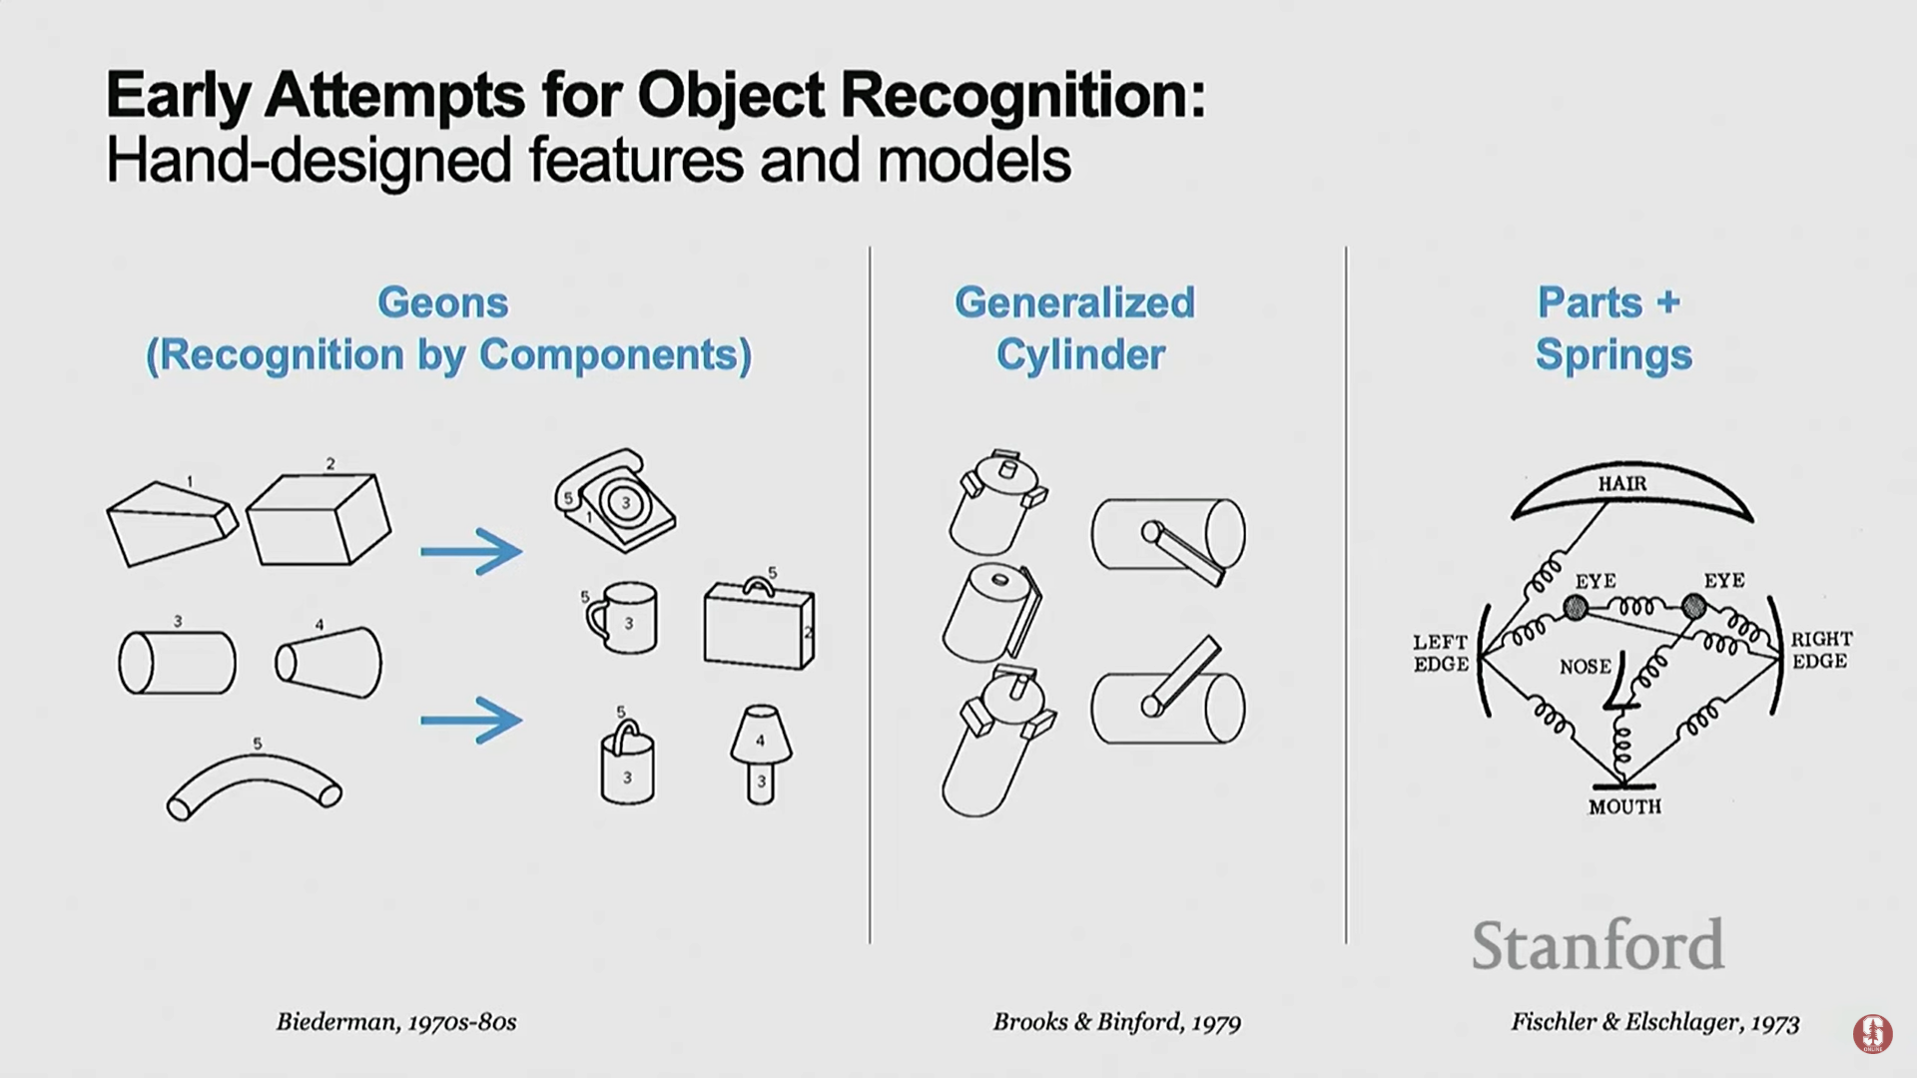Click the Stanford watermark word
pyautogui.click(x=1597, y=945)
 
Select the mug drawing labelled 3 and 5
pyautogui.click(x=623, y=618)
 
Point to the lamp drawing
pyautogui.click(x=761, y=754)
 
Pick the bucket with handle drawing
pyautogui.click(x=627, y=765)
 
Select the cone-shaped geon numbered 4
pyautogui.click(x=329, y=662)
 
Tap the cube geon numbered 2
pyautogui.click(x=318, y=519)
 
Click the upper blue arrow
pyautogui.click(x=470, y=551)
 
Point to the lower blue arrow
pyautogui.click(x=470, y=720)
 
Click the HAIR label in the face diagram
pyautogui.click(x=1622, y=484)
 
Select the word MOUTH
pyautogui.click(x=1624, y=807)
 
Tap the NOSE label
pyautogui.click(x=1586, y=666)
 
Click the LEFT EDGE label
pyautogui.click(x=1441, y=653)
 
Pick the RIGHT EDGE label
pyautogui.click(x=1820, y=650)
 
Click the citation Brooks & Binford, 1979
pyautogui.click(x=1116, y=1022)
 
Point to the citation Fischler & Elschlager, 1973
pyautogui.click(x=1654, y=1022)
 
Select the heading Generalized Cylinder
pyautogui.click(x=1075, y=328)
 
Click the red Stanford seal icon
pyautogui.click(x=1872, y=1034)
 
